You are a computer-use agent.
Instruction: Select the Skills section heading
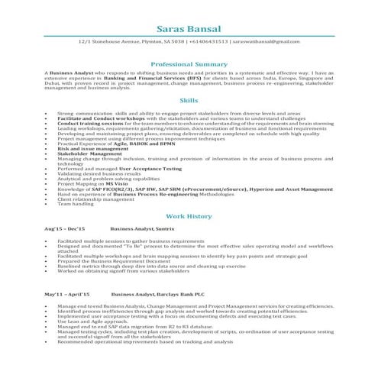(188, 99)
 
